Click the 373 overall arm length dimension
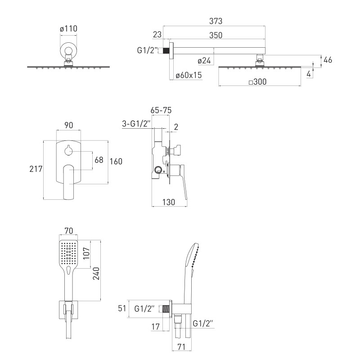216,21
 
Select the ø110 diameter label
68,29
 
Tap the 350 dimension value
216,36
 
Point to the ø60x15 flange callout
189,75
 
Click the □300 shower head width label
257,82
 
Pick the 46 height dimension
328,60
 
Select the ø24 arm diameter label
204,61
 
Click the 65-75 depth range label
161,110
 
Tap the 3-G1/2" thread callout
136,124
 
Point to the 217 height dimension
36,169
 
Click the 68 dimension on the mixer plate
99,160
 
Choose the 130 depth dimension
169,202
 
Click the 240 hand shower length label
96,274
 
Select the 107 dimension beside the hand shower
86,253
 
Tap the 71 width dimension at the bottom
181,347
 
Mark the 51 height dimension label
122,308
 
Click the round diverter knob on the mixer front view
68,151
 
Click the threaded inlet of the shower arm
166,50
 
